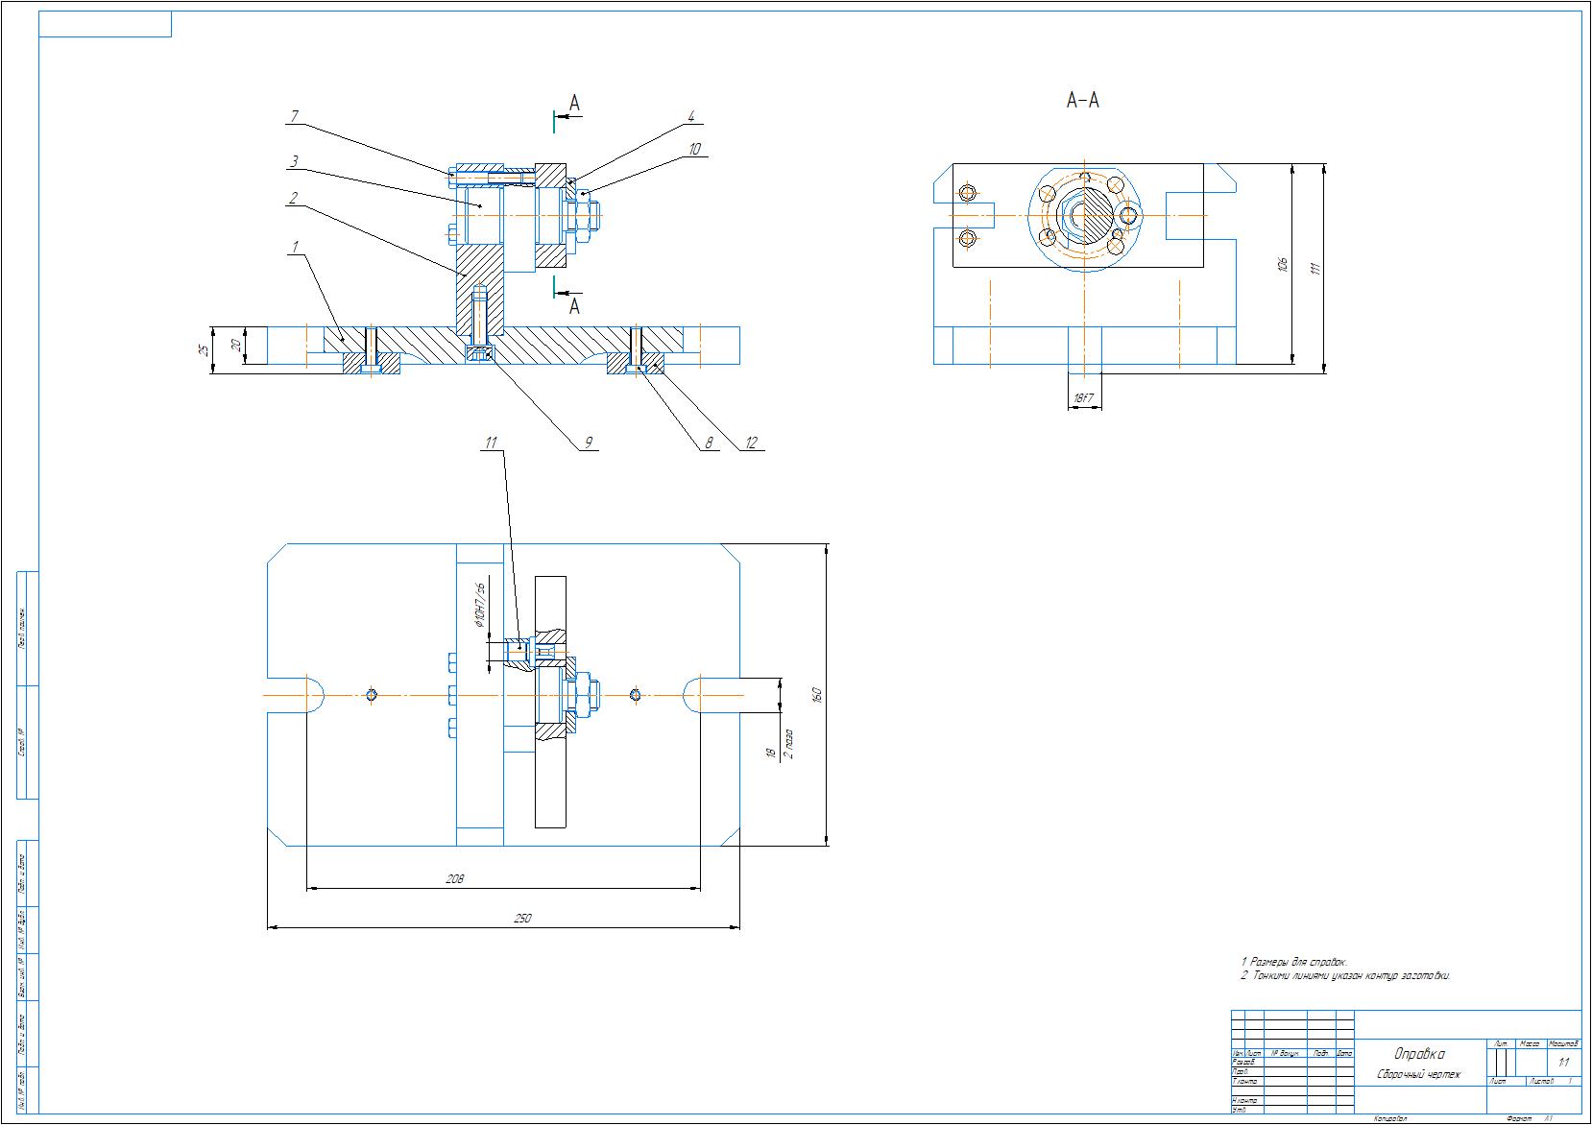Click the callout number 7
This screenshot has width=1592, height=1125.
tap(295, 117)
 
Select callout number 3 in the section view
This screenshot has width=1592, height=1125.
tap(295, 160)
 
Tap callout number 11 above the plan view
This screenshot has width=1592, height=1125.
tap(491, 443)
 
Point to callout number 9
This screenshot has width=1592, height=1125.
tap(589, 443)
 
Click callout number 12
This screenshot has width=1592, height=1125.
tap(751, 443)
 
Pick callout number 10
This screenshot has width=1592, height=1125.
tap(694, 149)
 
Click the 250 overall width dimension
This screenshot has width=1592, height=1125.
tap(521, 919)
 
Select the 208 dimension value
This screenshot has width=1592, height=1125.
tap(455, 878)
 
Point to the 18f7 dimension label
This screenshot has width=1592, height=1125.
tap(1084, 397)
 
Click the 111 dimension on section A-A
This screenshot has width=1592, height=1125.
tap(1316, 267)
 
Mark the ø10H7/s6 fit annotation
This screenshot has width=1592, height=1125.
tap(479, 604)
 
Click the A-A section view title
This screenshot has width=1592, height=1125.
tap(1082, 100)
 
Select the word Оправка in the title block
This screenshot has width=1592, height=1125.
tap(1418, 1054)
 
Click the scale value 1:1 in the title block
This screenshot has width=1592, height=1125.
tap(1563, 1063)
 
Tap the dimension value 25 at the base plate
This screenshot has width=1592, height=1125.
tap(203, 349)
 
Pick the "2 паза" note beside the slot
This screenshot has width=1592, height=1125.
tap(788, 743)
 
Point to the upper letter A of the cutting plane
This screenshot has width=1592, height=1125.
tap(574, 103)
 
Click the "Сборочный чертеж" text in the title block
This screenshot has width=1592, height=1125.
tap(1418, 1074)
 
